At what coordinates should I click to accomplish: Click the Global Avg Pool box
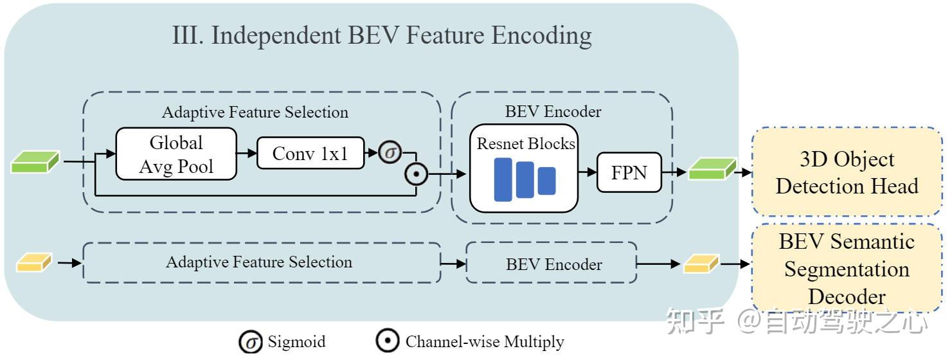click(176, 154)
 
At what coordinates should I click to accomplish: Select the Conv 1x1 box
click(310, 153)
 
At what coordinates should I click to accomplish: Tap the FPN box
click(629, 172)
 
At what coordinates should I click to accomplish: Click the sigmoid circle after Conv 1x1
click(390, 152)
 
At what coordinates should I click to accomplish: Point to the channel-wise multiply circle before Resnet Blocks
click(416, 174)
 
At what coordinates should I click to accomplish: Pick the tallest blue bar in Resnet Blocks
click(503, 179)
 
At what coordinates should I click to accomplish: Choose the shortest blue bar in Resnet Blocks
click(546, 181)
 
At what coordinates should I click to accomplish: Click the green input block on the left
click(35, 162)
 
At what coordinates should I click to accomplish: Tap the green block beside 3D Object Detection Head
click(712, 168)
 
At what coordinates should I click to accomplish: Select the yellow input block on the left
click(34, 263)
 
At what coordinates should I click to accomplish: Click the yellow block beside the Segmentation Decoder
click(701, 264)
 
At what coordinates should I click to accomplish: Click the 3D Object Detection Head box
click(847, 171)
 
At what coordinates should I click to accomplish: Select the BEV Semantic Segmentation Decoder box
click(847, 268)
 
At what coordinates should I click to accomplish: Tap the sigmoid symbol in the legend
click(251, 342)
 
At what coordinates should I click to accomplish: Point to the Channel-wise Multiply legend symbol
click(387, 341)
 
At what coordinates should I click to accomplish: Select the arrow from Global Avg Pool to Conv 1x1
click(247, 153)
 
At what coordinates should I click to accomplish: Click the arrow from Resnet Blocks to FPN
click(588, 172)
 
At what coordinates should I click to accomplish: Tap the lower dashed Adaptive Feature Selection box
click(262, 263)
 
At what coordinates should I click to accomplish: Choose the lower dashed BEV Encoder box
click(552, 263)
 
